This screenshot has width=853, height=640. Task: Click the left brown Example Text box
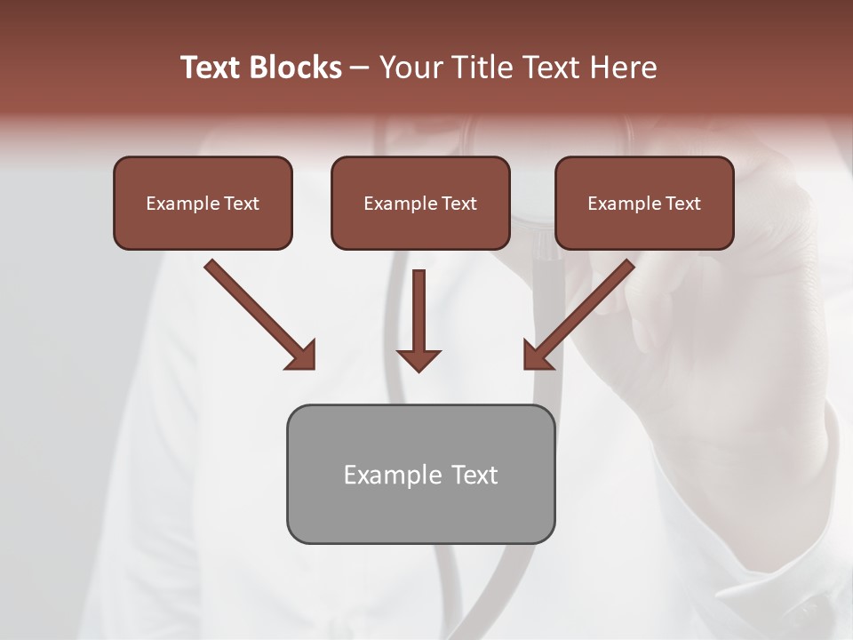pos(203,203)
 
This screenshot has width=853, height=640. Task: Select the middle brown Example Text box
pos(420,203)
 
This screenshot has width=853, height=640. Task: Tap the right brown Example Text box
pos(644,203)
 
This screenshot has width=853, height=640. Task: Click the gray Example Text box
pos(420,474)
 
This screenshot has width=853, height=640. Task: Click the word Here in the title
pos(626,68)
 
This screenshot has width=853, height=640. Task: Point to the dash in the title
pos(360,68)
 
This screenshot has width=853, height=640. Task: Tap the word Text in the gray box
pos(474,475)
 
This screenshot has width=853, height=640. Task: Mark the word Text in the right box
pos(682,204)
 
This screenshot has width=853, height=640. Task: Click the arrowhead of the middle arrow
pos(419,359)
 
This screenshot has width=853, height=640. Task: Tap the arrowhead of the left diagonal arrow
pos(302,356)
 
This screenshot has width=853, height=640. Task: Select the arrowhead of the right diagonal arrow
pos(537,356)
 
